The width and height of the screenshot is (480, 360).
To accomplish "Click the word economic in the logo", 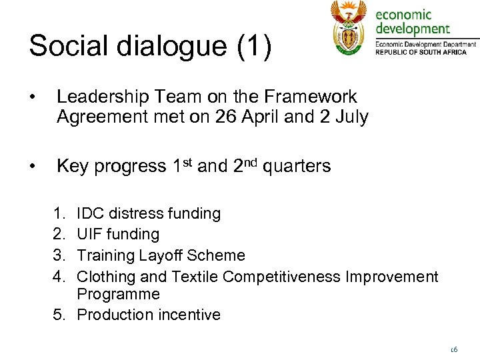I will (403, 15).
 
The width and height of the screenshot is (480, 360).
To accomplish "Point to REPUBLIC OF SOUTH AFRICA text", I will (421, 51).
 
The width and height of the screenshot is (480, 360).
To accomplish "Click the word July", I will (353, 117).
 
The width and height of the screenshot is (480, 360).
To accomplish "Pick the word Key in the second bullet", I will (73, 166).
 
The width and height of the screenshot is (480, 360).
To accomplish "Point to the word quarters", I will (297, 167).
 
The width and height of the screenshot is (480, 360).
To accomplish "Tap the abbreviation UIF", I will (90, 235).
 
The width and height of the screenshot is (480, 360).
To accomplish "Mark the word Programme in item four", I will (118, 294).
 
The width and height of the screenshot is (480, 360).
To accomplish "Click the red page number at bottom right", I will (453, 349).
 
